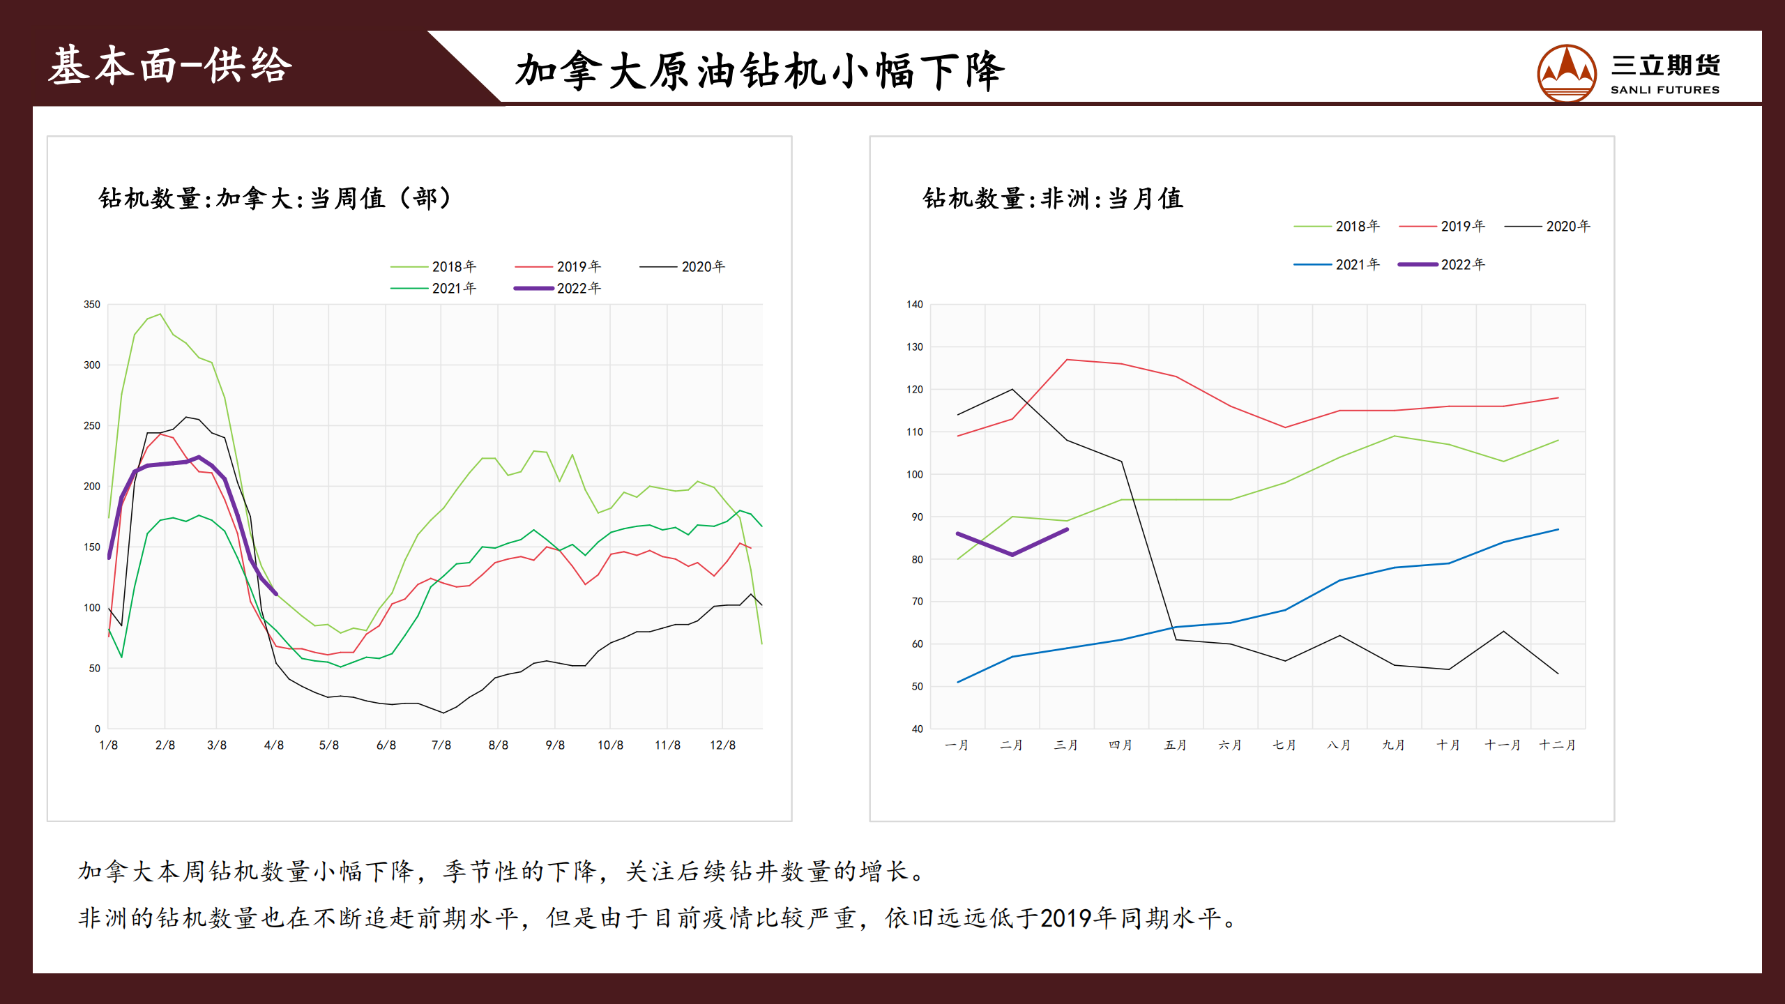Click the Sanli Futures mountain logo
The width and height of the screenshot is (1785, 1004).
(1566, 73)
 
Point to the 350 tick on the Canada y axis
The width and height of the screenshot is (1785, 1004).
(92, 305)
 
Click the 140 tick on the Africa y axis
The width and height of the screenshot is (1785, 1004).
(914, 305)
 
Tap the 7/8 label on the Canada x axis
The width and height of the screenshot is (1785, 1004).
(441, 745)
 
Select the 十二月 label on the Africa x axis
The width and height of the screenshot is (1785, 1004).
(1557, 745)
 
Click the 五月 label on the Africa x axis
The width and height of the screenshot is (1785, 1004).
(1176, 745)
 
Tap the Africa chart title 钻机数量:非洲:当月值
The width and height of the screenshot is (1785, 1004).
(1053, 199)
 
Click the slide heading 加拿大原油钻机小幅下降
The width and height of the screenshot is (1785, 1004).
(760, 71)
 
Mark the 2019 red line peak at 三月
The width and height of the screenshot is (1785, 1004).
(1067, 360)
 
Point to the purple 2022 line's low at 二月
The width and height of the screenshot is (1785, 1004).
(1012, 555)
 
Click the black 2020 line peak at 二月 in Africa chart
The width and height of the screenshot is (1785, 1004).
(1012, 389)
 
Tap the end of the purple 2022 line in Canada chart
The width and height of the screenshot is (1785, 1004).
(276, 594)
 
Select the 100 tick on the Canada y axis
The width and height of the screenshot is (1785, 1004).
(92, 608)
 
